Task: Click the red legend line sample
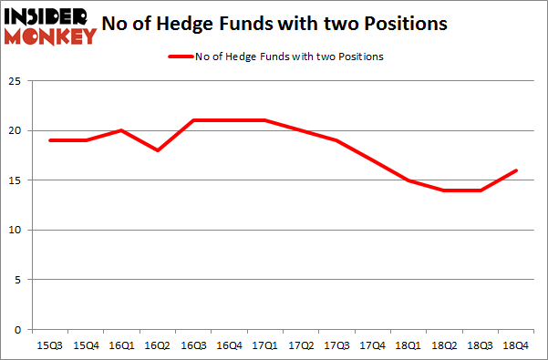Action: [x=181, y=57]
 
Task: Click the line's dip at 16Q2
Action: [x=159, y=149]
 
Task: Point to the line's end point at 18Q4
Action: [x=516, y=170]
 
